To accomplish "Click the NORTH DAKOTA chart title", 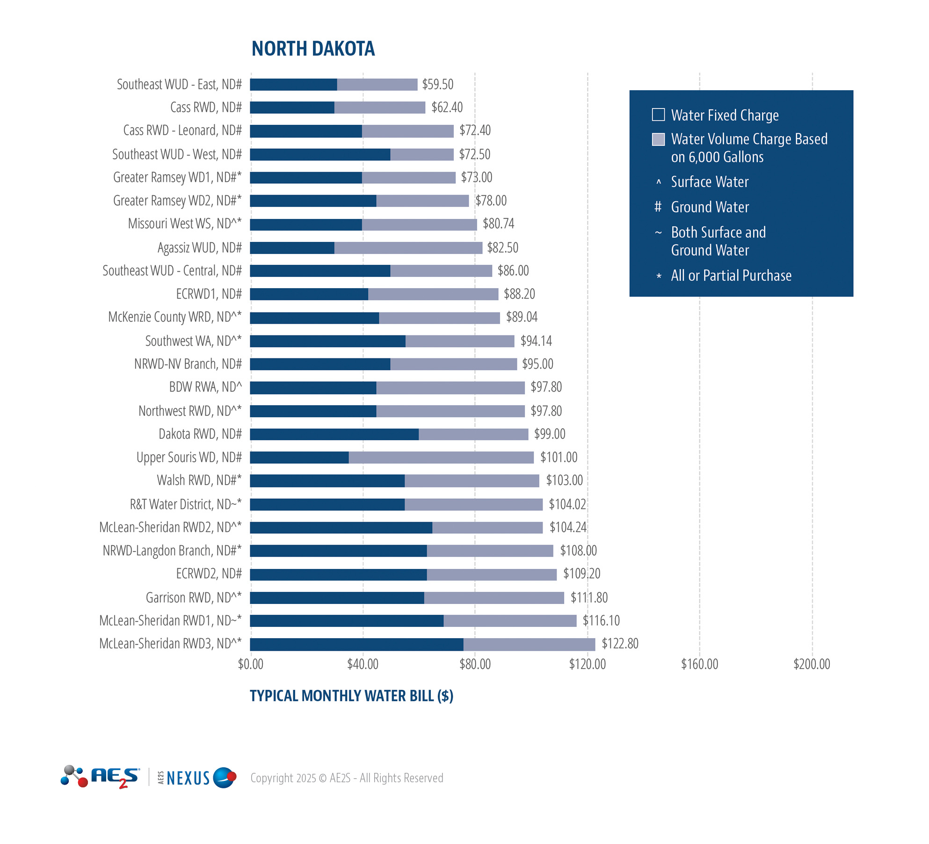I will pos(313,49).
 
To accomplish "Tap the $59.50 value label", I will pos(438,84).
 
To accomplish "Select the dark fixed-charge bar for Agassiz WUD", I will pos(292,247).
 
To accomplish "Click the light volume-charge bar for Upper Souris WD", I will pos(441,457).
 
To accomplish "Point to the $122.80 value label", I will pos(620,644).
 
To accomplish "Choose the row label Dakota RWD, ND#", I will pos(200,434).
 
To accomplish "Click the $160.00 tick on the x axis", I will pos(699,664).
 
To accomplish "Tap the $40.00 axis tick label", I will pos(363,664).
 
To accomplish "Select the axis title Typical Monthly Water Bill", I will pos(351,696).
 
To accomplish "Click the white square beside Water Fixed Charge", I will pos(658,115).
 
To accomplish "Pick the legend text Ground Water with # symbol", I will pos(710,207).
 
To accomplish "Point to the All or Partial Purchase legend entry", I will pos(731,276).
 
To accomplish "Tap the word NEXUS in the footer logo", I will pos(188,778).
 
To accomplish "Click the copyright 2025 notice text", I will pos(347,778).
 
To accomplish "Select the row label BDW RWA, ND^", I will pos(205,387).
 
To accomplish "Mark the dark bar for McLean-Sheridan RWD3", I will pos(356,644).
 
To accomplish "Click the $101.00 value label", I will pos(559,457).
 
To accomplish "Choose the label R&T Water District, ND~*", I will pos(186,504).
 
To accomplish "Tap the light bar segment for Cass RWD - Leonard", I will pos(407,131).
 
